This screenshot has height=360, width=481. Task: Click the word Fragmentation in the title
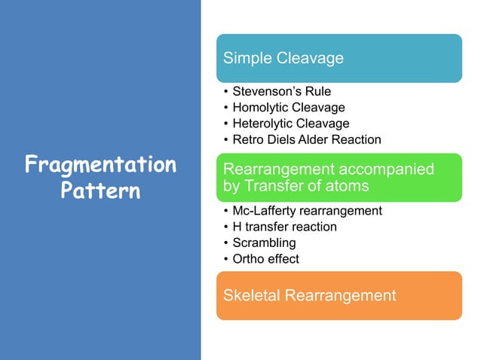100,164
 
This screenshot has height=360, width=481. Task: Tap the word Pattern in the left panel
100,190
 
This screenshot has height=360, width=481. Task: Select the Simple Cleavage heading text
283,58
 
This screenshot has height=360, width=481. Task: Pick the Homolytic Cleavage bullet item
289,108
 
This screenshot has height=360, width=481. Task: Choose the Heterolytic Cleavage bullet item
291,124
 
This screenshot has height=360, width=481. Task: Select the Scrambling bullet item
264,243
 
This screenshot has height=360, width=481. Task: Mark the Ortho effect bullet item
265,259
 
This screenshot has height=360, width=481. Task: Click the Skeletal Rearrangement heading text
309,295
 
